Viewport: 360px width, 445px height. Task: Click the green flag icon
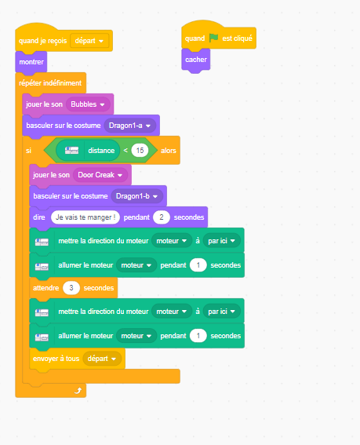213,38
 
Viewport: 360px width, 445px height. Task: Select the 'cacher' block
196,60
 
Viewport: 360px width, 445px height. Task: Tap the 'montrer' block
31,62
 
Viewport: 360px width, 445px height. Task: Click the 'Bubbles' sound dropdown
88,104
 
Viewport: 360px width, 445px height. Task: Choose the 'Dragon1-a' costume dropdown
130,126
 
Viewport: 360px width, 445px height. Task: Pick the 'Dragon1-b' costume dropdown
137,196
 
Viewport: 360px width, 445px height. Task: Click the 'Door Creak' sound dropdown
100,175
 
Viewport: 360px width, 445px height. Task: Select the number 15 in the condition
140,151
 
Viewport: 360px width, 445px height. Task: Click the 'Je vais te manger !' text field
85,217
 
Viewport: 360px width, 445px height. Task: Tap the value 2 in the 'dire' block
162,217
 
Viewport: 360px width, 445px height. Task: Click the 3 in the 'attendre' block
71,288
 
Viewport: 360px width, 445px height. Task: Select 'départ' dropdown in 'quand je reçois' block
89,41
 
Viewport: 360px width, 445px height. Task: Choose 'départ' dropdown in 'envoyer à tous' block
102,359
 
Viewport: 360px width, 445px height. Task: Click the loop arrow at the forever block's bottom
78,391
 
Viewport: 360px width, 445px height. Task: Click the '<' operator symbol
125,151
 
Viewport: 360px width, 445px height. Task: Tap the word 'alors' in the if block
169,151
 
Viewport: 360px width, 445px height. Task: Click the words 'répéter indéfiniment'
50,83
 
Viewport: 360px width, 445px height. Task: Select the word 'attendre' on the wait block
46,288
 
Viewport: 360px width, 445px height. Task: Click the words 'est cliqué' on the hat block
237,38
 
